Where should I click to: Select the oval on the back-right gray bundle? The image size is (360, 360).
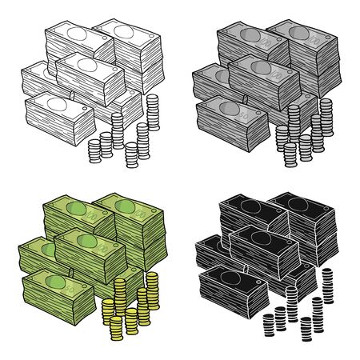coord(305,33)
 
